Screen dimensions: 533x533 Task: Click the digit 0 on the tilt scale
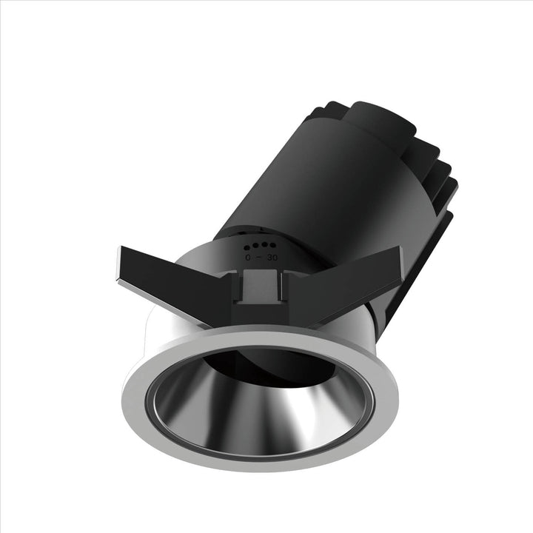coord(249,258)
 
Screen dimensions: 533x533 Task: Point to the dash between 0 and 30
coord(260,258)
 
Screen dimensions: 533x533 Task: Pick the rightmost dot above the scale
coord(273,244)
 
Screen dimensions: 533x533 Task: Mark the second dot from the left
coord(257,245)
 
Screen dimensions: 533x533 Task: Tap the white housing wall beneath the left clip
coord(159,333)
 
